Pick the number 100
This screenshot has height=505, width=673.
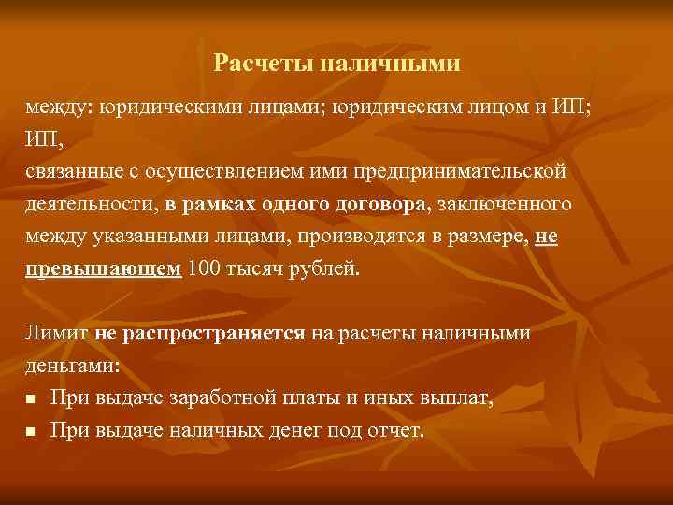point(205,269)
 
